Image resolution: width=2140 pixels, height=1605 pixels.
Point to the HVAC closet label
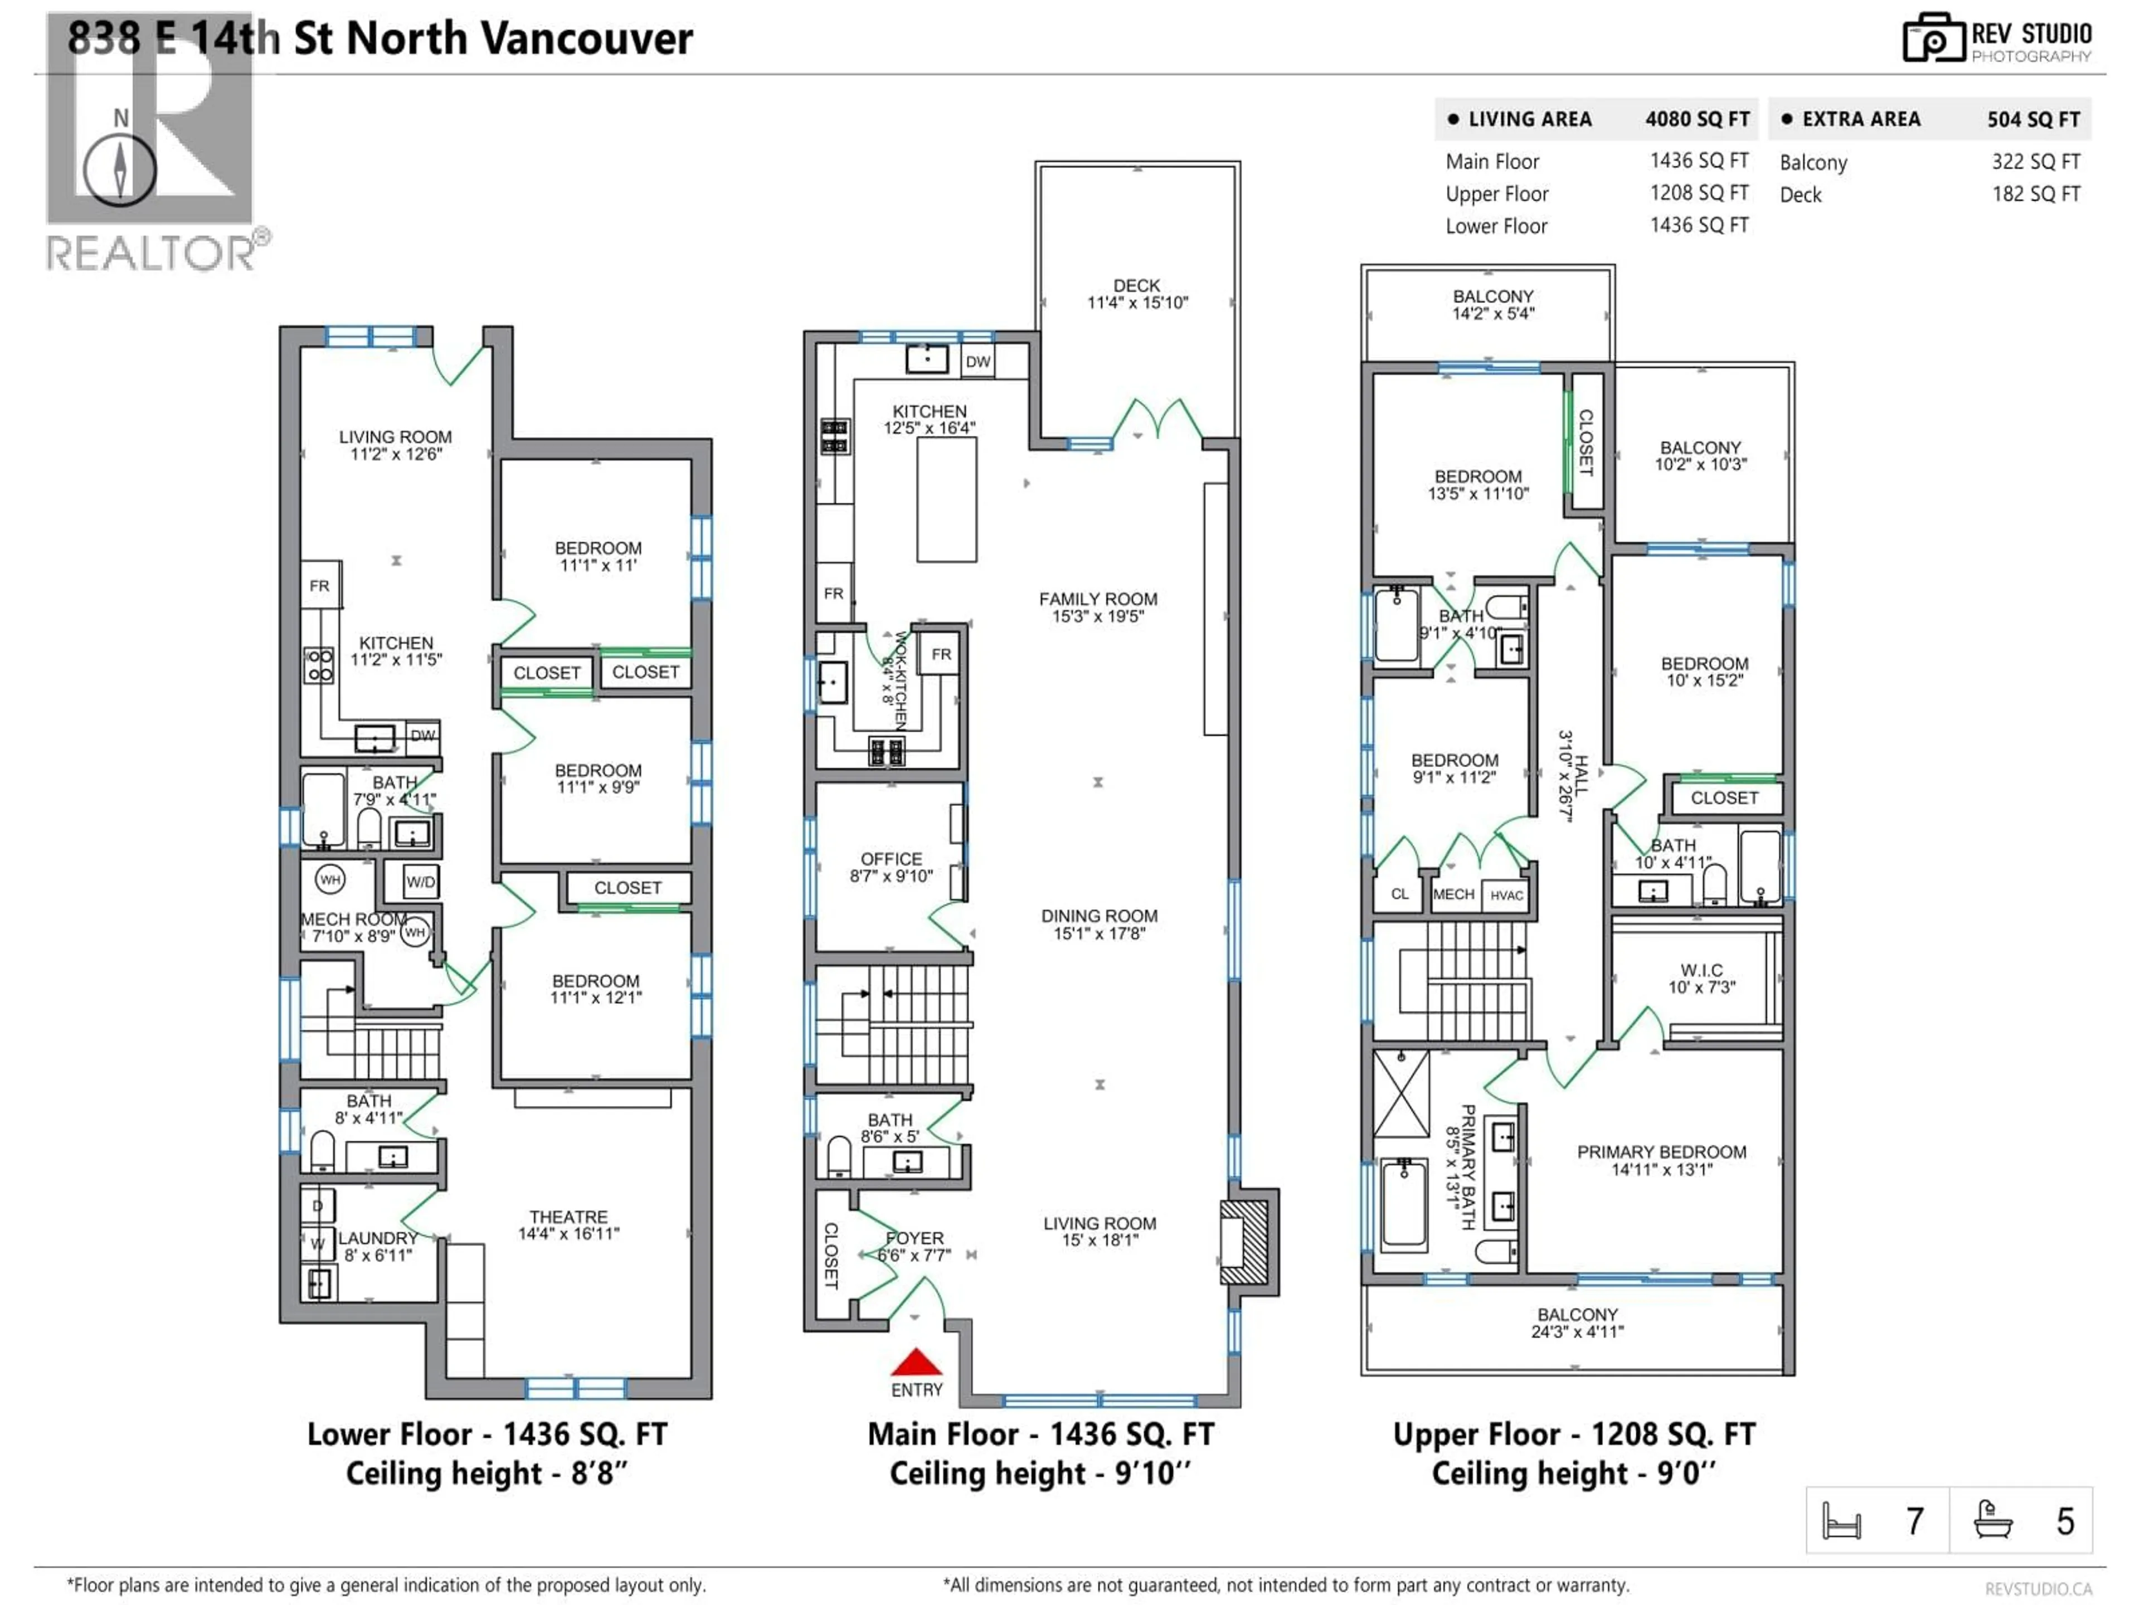click(x=1506, y=895)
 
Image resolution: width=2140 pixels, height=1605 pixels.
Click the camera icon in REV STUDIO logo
click(x=1933, y=38)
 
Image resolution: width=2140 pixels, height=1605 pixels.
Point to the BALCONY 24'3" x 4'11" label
click(x=1577, y=1322)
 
